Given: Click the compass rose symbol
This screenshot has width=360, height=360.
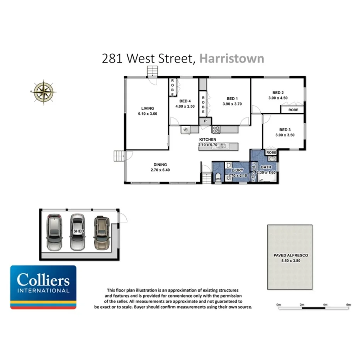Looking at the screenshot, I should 44,92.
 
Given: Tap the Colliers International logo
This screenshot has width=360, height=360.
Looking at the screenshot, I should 43,287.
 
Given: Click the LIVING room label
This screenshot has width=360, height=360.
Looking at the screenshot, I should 148,109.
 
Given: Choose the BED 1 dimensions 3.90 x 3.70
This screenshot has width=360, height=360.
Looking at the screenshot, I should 232,104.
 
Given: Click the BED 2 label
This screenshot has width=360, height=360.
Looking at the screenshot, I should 278,93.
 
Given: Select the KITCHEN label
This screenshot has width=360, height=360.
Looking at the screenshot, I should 207,139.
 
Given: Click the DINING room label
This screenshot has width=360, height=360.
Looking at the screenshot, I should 160,165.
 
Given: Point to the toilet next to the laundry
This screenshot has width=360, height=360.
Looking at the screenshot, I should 218,177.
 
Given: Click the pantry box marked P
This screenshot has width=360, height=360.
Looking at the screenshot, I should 205,121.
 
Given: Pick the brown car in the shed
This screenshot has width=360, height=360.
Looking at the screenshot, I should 101,233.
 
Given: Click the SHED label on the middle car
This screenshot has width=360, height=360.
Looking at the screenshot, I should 78,231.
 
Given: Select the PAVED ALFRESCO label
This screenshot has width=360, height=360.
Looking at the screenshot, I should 290,255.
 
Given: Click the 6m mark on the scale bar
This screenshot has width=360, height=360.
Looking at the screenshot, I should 348,305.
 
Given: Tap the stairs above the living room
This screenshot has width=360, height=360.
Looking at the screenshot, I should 153,71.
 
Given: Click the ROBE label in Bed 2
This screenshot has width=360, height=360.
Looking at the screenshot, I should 293,110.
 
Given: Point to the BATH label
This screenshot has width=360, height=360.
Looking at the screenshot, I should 266,167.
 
